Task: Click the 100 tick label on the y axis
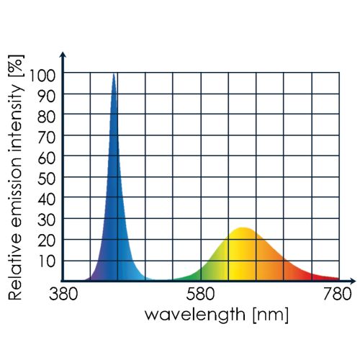42,74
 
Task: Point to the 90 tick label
47,94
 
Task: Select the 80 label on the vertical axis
47,115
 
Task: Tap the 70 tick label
47,136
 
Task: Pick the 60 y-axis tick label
47,157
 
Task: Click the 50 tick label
47,178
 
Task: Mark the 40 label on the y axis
47,199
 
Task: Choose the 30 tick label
47,220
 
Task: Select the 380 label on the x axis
63,294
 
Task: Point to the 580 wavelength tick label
201,294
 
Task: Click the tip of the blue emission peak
114,74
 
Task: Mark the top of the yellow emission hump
243,228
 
